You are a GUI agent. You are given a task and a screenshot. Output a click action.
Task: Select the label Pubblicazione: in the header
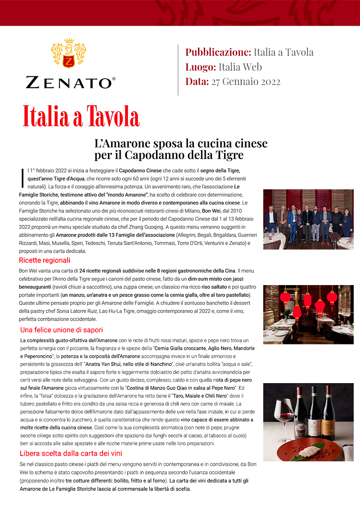(x=218, y=52)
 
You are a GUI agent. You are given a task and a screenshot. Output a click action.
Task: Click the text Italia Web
(x=240, y=67)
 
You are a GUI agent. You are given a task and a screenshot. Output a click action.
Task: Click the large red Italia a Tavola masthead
(x=81, y=116)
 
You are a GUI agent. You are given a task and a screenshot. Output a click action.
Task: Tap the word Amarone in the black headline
(x=126, y=143)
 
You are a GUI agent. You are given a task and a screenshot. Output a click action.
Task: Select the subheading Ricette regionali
(x=45, y=260)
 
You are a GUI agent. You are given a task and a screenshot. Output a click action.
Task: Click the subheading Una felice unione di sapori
(x=62, y=330)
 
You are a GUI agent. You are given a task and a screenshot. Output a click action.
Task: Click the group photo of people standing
(x=308, y=219)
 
